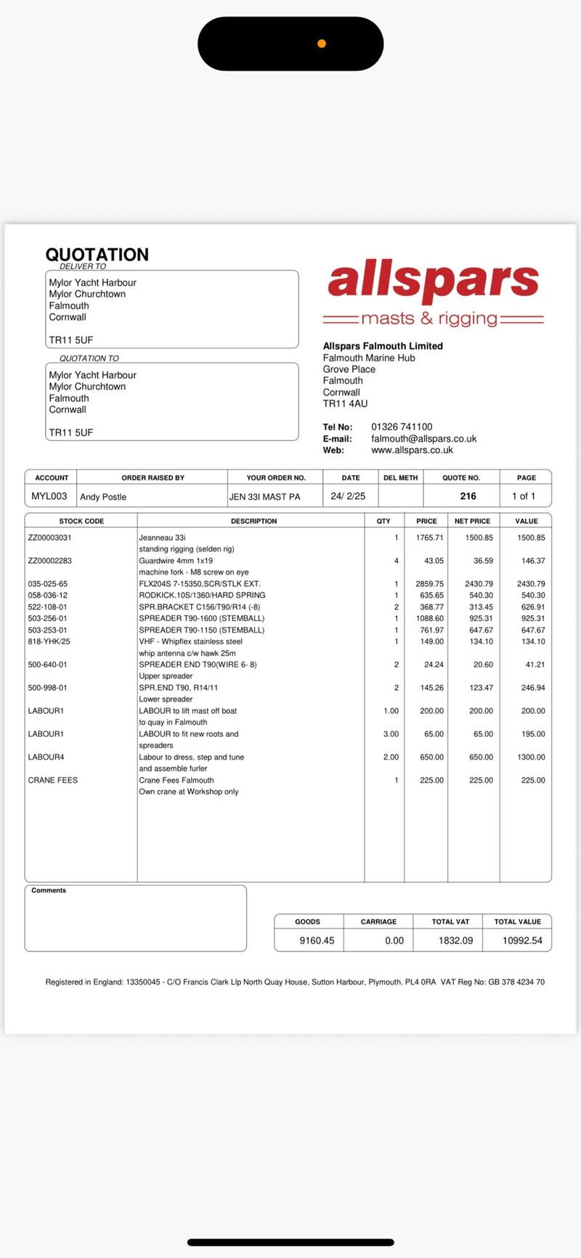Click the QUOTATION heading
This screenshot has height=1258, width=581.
pos(97,255)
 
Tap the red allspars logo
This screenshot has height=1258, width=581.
pos(434,282)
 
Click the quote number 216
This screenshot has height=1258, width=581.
pos(468,496)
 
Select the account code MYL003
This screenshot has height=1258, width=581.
pos(49,496)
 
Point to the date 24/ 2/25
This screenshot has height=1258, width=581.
pos(348,496)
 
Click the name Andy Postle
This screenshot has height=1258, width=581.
pos(103,497)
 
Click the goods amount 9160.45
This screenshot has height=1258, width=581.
pos(317,940)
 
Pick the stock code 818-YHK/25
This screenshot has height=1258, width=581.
pos(49,641)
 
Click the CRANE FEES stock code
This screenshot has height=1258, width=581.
pos(53,780)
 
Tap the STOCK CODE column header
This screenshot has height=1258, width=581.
pos(81,521)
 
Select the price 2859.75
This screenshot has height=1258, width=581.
pos(429,583)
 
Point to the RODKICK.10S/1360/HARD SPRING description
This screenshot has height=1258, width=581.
pos(202,595)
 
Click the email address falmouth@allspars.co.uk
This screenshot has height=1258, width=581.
pos(423,438)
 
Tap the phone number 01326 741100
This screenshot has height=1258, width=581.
pos(402,427)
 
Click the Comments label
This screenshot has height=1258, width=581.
pos(49,890)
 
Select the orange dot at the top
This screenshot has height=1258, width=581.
pos(322,44)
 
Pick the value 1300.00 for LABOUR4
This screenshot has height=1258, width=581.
pos(531,757)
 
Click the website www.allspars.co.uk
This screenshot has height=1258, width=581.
pos(412,450)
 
